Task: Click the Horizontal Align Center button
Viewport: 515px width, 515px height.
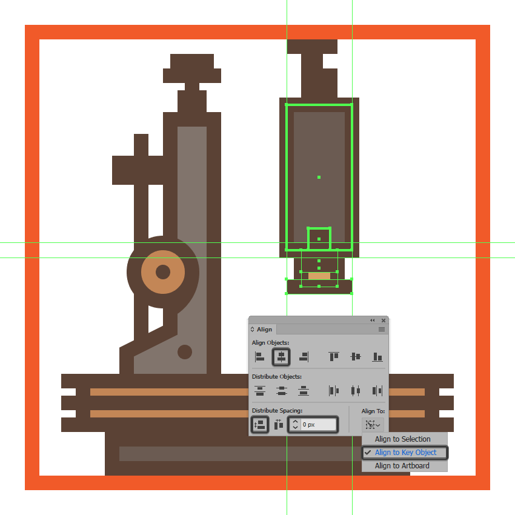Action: click(x=281, y=357)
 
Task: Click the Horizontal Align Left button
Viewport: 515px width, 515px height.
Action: click(x=259, y=357)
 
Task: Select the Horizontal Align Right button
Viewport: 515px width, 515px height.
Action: click(x=304, y=357)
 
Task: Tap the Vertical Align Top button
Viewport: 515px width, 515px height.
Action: click(x=334, y=357)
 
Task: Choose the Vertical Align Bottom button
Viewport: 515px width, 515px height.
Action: click(x=377, y=357)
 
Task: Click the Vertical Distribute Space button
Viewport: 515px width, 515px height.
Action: click(x=260, y=424)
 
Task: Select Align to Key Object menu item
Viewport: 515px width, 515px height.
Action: click(x=405, y=452)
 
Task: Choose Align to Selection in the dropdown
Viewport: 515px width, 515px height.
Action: click(x=402, y=439)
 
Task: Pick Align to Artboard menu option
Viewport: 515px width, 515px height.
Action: click(x=402, y=466)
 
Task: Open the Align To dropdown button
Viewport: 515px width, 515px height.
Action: click(x=373, y=425)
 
